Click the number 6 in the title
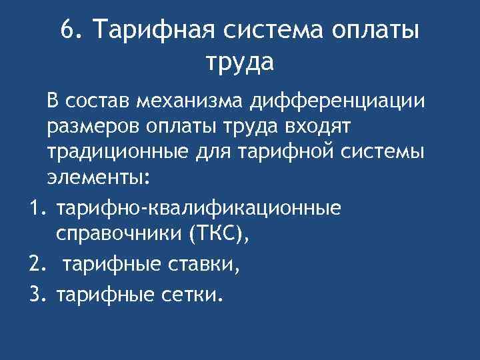tap(66, 30)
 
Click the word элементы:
tap(99, 177)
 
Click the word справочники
tap(117, 234)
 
